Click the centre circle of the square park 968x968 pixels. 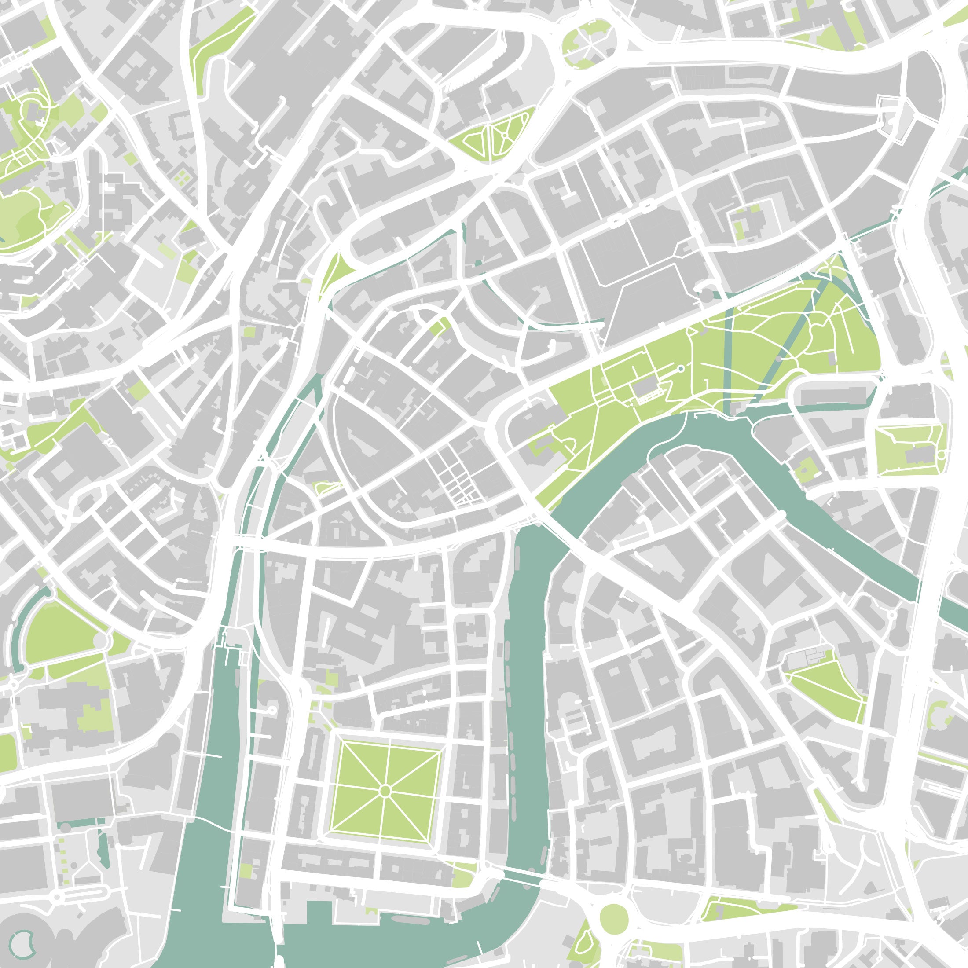tap(385, 791)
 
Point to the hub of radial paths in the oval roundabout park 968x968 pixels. tap(587, 44)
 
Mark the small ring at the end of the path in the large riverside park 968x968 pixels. tap(680, 369)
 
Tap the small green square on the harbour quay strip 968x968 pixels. tap(246, 870)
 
